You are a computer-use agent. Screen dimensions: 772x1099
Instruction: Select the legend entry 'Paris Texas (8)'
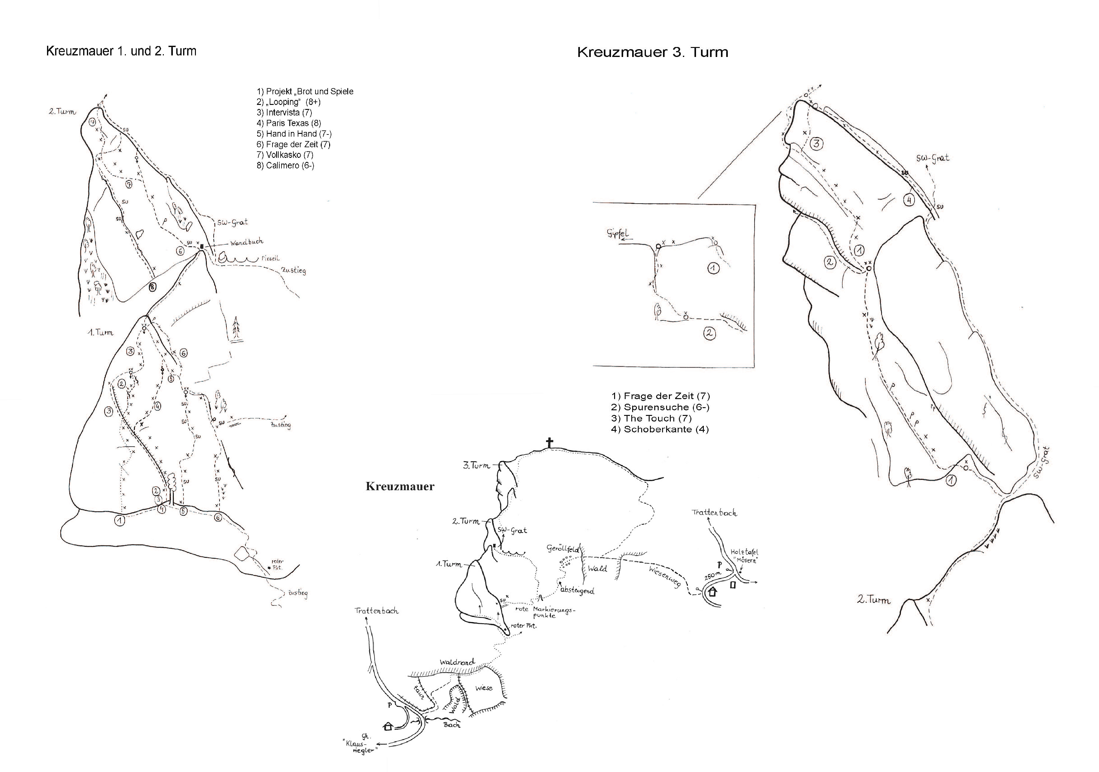(289, 123)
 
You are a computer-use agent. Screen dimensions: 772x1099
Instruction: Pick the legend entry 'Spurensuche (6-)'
(661, 407)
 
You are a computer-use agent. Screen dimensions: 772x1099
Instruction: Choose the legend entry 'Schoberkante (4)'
(660, 429)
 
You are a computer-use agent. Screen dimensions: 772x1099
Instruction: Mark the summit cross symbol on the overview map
(549, 443)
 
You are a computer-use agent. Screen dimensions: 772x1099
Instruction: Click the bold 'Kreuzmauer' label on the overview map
(400, 487)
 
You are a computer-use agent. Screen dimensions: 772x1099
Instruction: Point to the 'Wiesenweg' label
(665, 577)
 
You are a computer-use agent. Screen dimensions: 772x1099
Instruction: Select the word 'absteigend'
(577, 590)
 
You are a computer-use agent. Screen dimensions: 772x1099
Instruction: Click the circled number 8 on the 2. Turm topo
(152, 287)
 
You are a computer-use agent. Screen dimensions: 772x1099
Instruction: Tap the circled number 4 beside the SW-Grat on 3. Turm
(908, 200)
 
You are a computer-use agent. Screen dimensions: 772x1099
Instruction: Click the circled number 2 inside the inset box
(709, 333)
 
